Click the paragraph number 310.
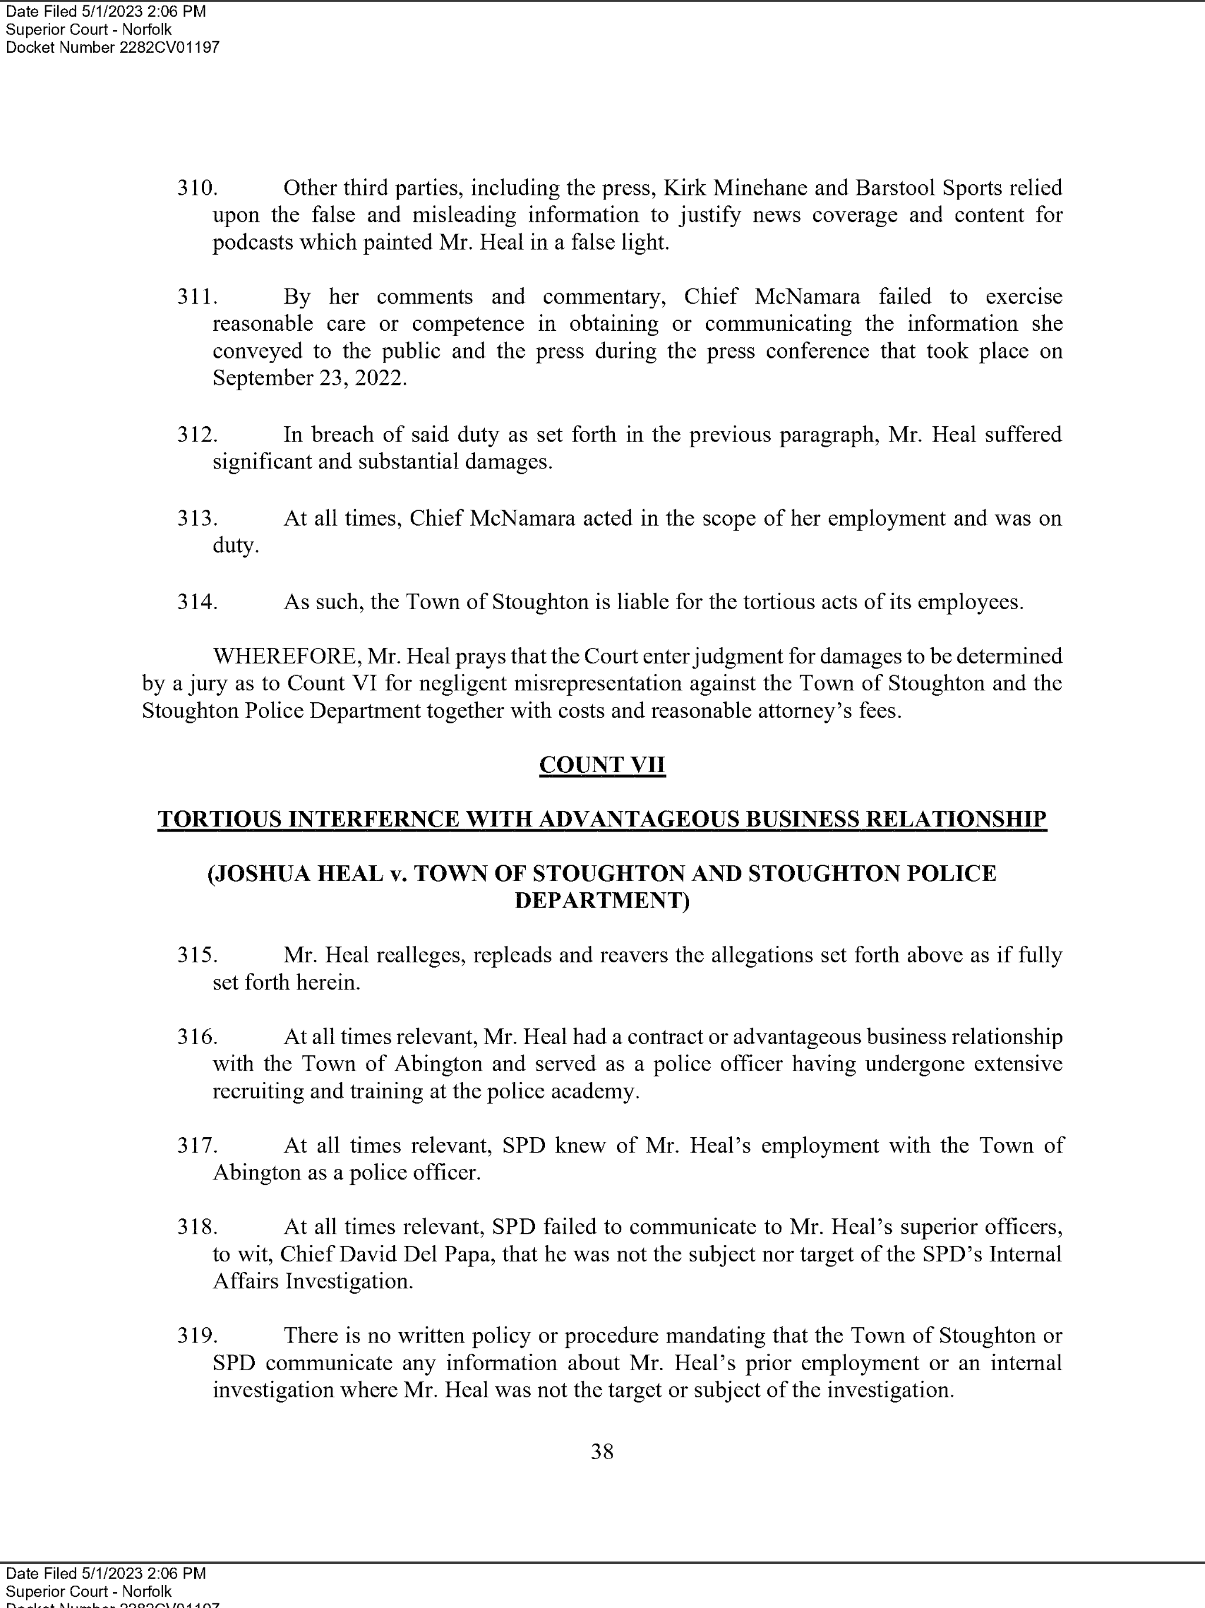197,188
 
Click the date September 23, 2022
308,378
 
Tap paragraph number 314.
197,602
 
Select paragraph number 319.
197,1336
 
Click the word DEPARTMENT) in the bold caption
602,901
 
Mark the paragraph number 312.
197,435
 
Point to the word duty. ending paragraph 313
235,546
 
